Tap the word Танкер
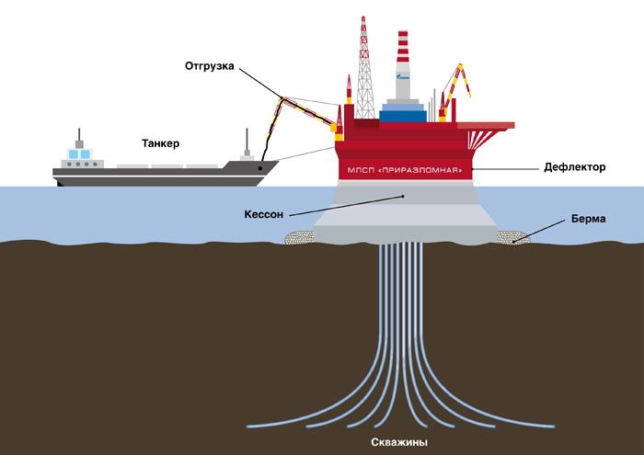161,143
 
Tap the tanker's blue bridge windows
80,154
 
